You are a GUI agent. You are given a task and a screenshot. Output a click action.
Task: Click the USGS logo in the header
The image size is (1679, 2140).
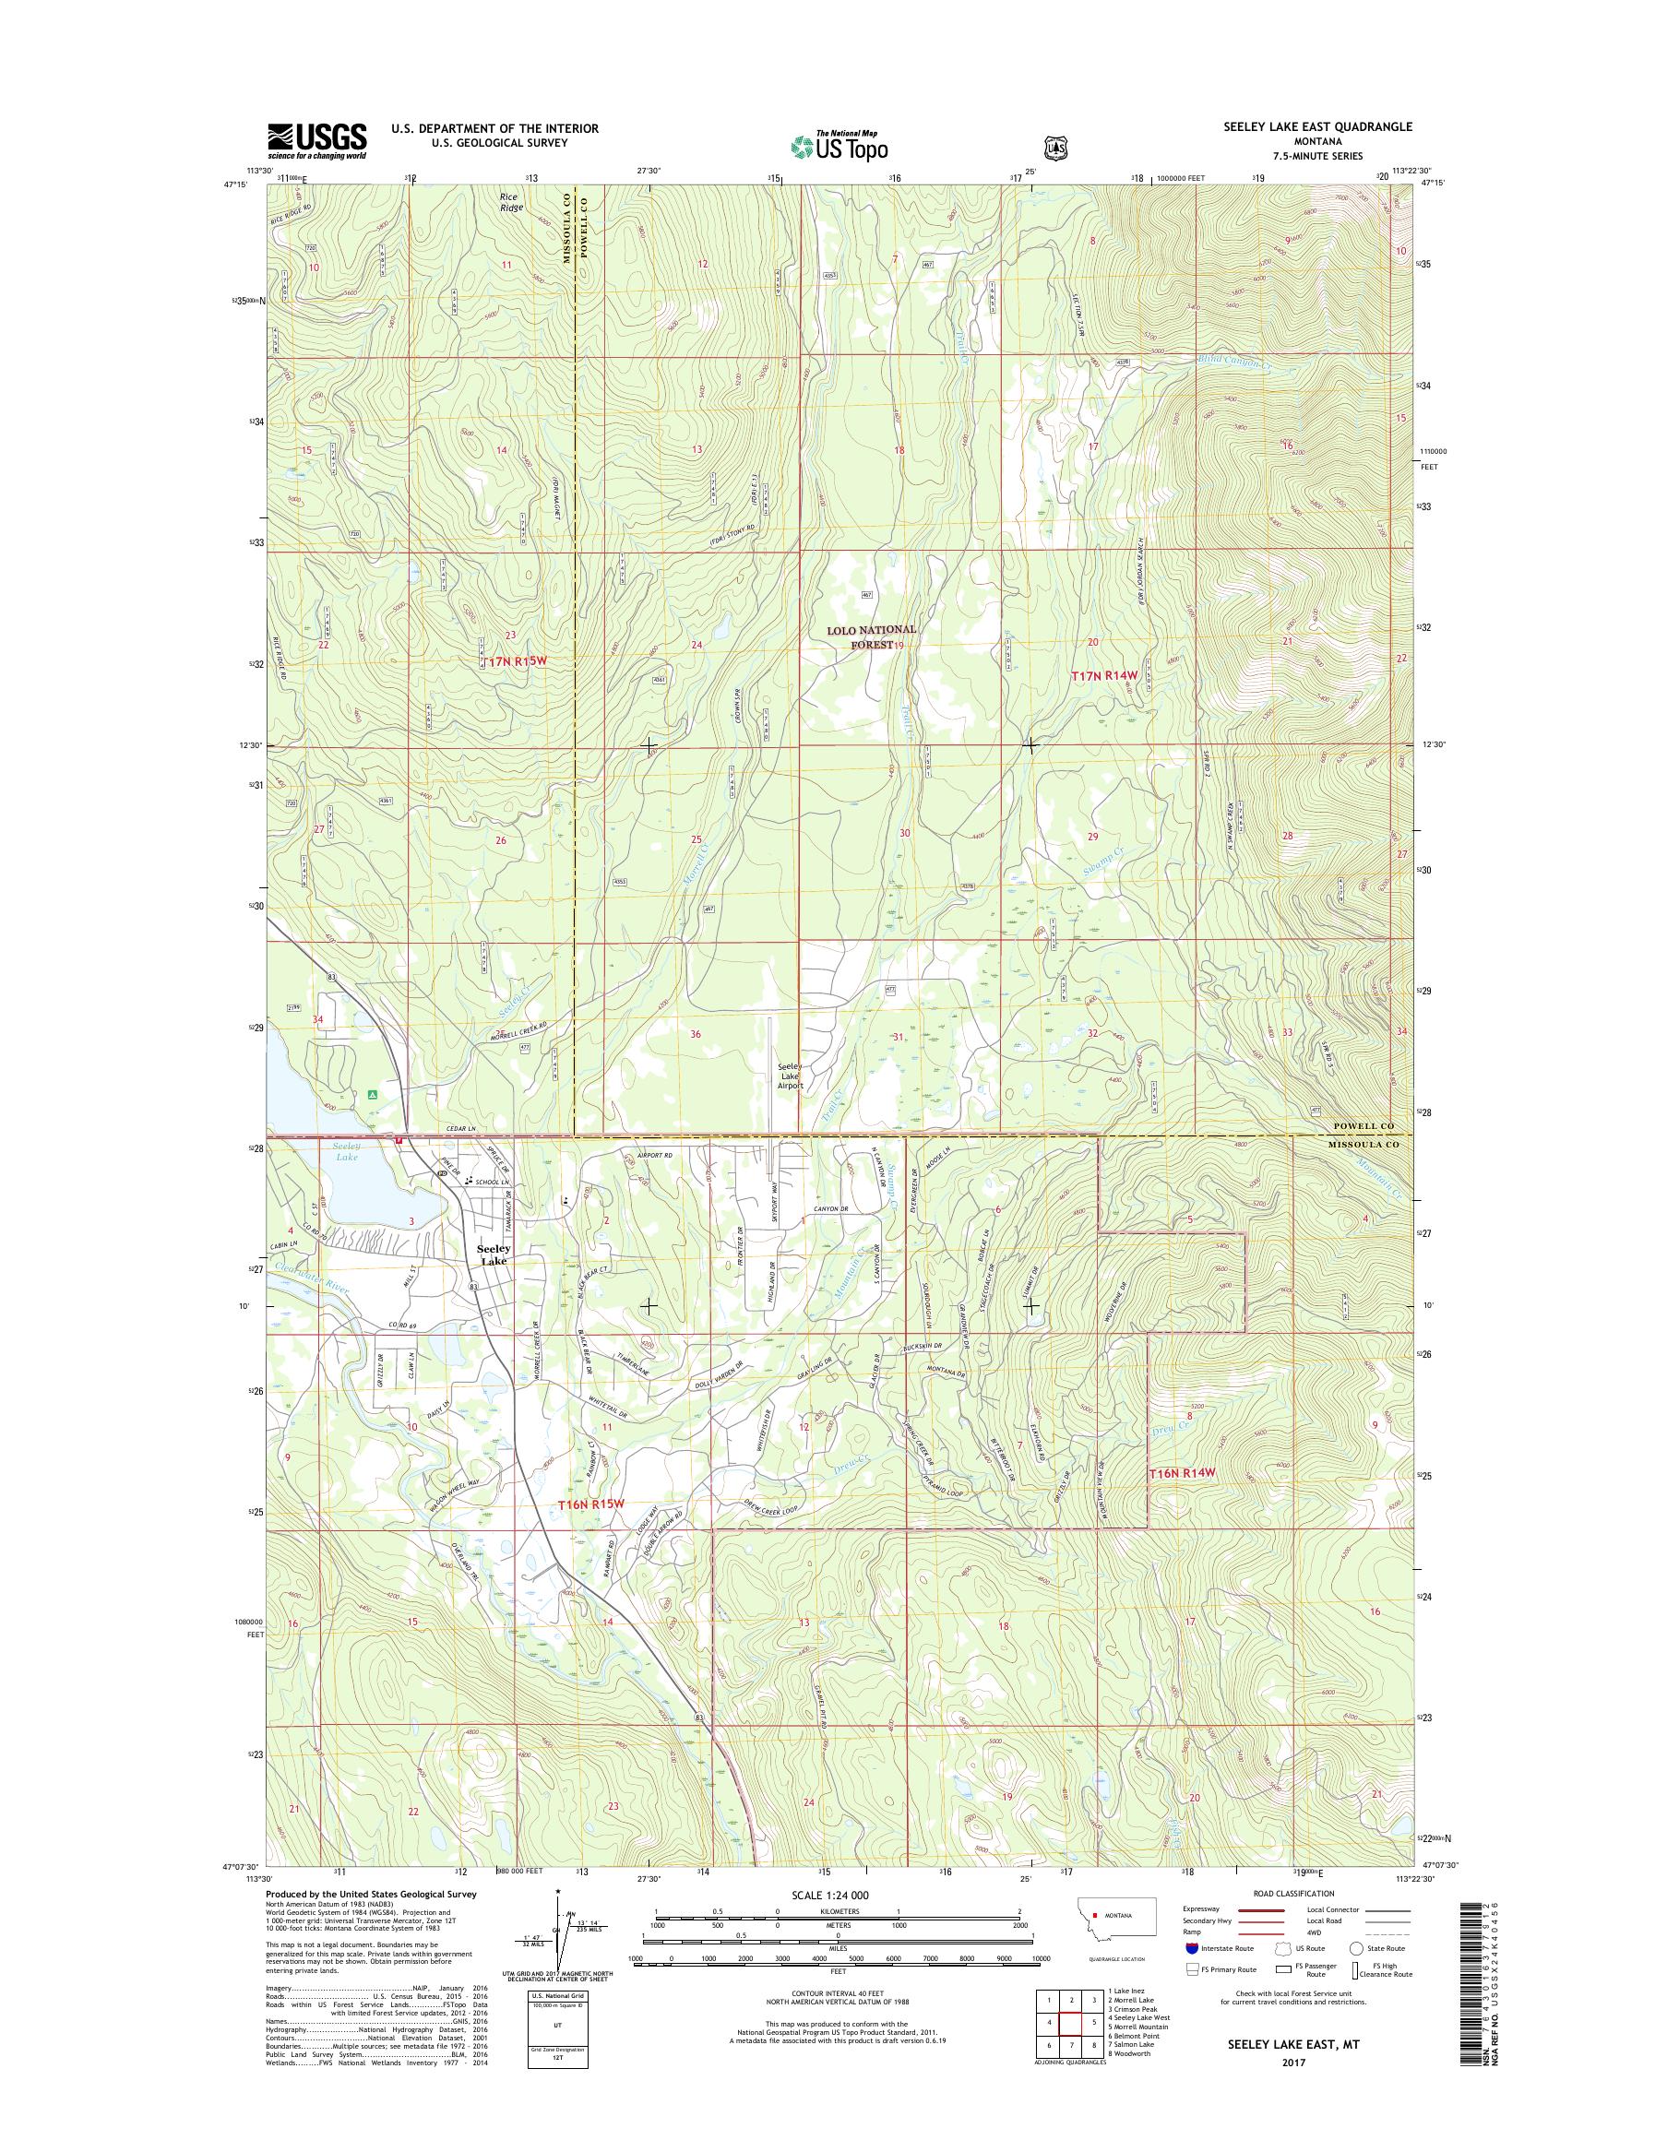[x=316, y=141]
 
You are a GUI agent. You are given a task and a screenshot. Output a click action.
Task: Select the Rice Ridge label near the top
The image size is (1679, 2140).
[x=509, y=201]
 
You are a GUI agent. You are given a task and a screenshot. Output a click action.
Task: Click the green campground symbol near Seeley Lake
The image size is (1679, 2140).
[x=373, y=1093]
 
